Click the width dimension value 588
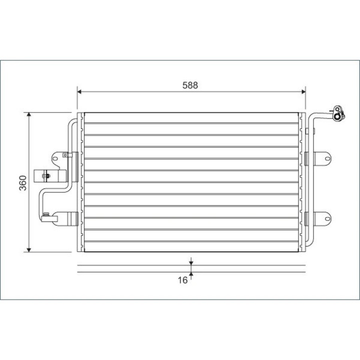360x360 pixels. click(x=190, y=85)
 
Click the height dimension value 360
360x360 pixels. click(x=22, y=183)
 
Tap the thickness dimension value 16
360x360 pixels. click(x=182, y=280)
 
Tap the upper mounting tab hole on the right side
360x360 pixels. click(x=327, y=159)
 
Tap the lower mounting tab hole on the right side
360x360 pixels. click(x=327, y=218)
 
